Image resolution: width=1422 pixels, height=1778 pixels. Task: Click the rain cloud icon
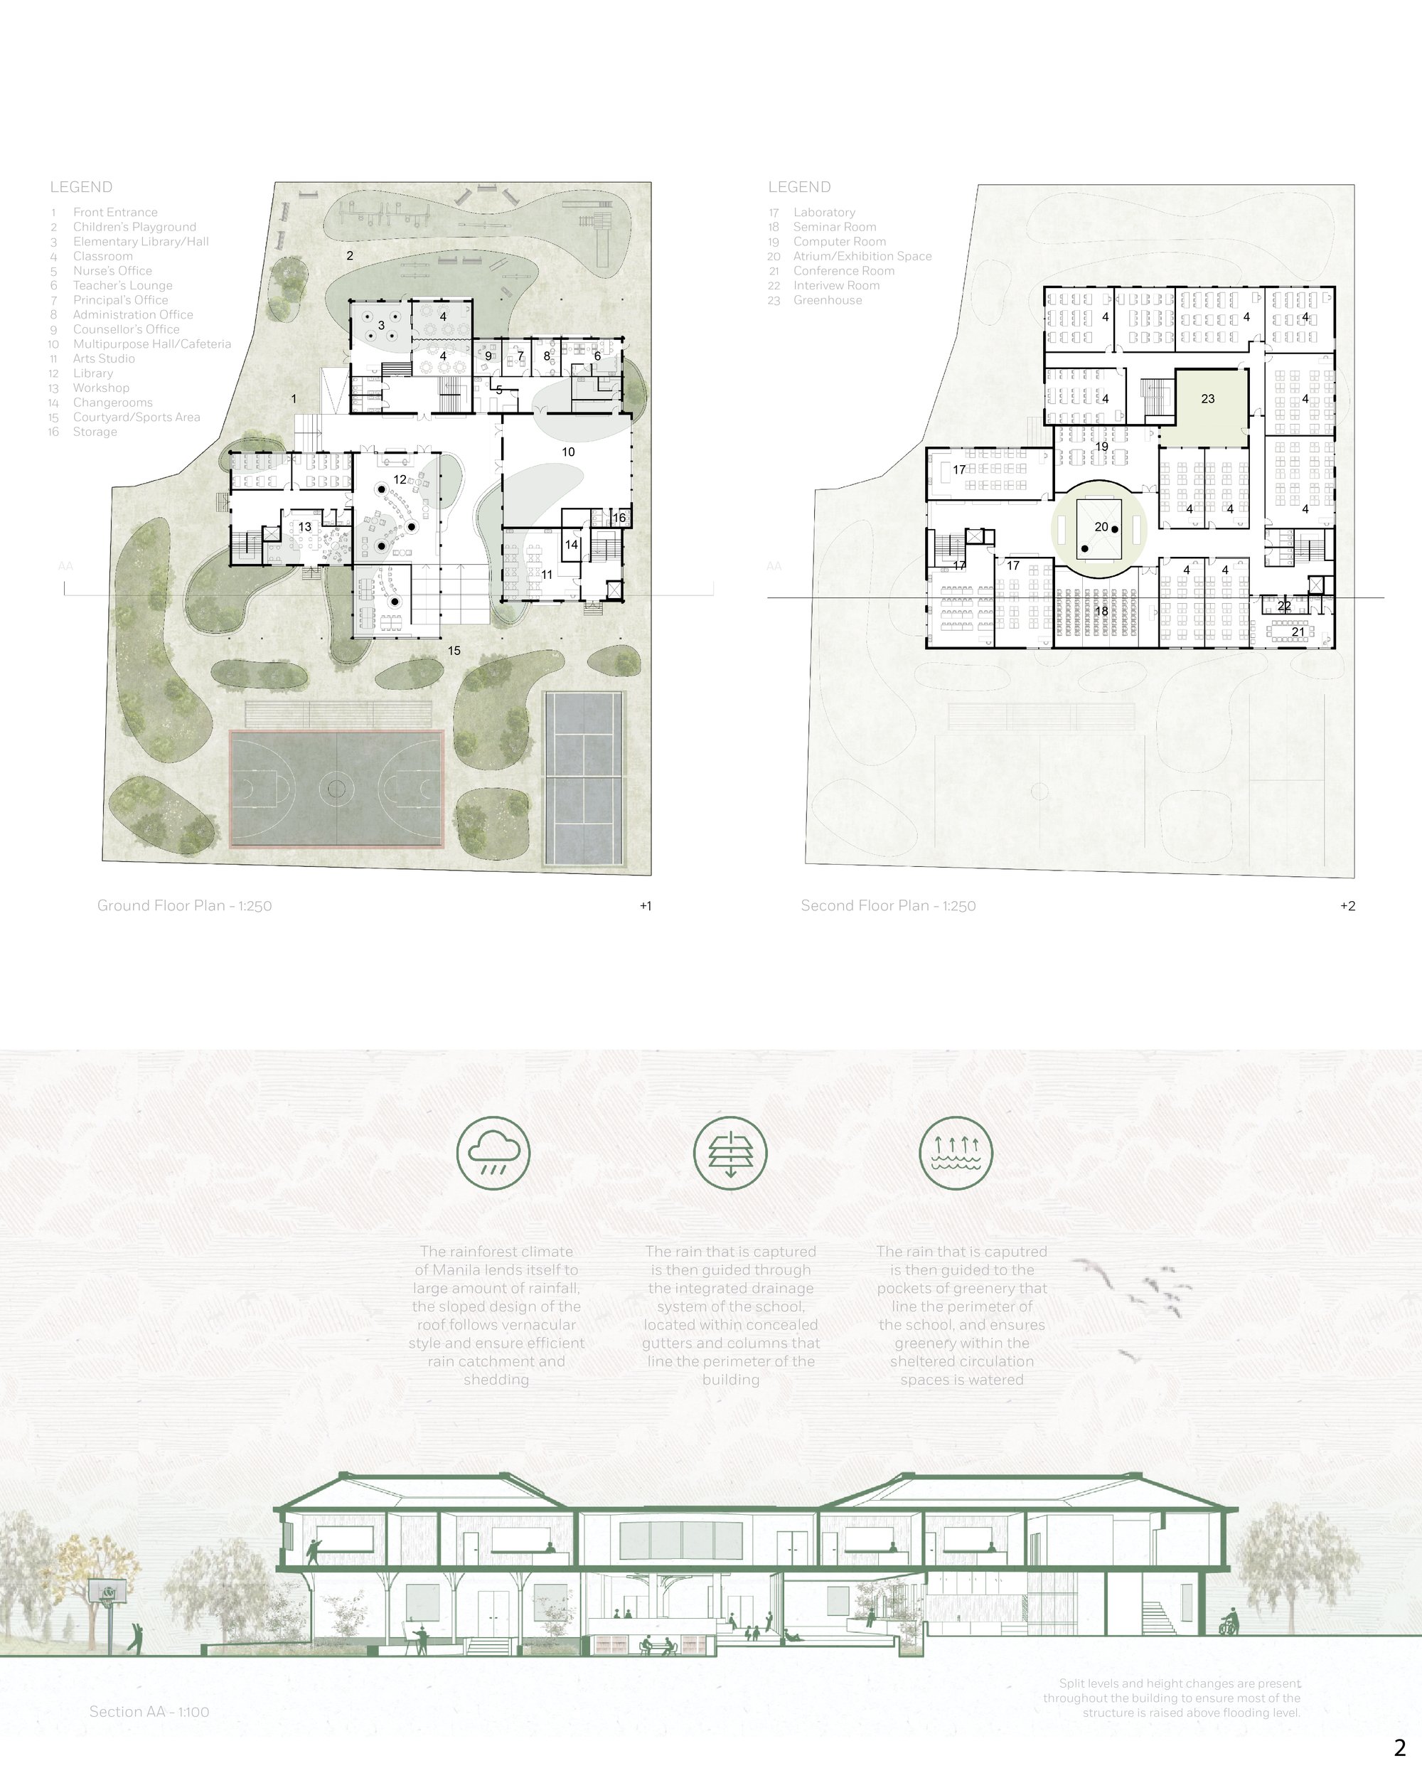click(x=493, y=1153)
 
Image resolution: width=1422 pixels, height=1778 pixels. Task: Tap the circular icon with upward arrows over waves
click(x=956, y=1153)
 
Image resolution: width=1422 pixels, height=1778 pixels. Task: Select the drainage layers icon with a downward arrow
click(x=730, y=1153)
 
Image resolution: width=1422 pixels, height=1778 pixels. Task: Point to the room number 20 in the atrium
click(x=1101, y=527)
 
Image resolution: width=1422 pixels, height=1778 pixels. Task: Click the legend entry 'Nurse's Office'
click(x=112, y=270)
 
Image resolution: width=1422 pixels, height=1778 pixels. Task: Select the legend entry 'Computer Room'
click(x=839, y=242)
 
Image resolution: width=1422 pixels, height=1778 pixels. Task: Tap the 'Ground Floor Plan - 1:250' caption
click(x=185, y=905)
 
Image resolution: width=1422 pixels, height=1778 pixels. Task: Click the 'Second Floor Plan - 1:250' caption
click(x=888, y=905)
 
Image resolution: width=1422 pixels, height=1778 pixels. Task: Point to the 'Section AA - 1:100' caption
click(x=149, y=1711)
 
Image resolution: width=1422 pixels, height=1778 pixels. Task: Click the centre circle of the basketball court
click(x=336, y=789)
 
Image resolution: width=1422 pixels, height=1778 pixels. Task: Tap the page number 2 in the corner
click(x=1400, y=1747)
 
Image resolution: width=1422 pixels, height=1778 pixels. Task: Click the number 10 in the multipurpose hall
click(x=568, y=452)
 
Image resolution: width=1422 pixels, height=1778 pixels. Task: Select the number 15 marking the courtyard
click(x=454, y=651)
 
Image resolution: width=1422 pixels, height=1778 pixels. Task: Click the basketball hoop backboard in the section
click(x=109, y=1591)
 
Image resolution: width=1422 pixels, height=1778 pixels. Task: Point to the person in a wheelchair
click(x=1229, y=1622)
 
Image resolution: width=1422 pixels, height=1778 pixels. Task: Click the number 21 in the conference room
click(x=1298, y=632)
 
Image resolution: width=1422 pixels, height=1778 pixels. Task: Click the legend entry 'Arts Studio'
click(x=104, y=358)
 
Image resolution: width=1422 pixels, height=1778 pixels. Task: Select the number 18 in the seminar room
click(x=1101, y=611)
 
